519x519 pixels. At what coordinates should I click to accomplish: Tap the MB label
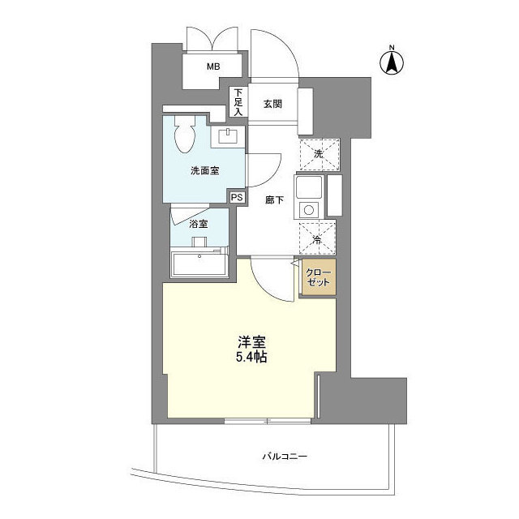pyautogui.click(x=212, y=67)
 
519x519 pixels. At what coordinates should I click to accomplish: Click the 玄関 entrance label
pyautogui.click(x=272, y=103)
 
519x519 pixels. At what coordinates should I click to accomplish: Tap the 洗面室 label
pyautogui.click(x=204, y=171)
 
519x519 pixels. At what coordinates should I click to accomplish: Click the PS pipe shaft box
pyautogui.click(x=237, y=197)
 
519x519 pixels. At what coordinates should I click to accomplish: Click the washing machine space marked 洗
pyautogui.click(x=318, y=152)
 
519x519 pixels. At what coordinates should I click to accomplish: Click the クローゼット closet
pyautogui.click(x=318, y=278)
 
